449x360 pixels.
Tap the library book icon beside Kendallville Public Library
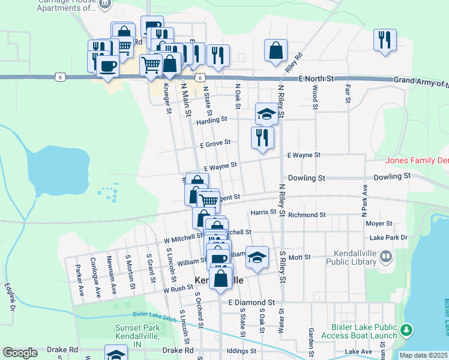click(x=387, y=257)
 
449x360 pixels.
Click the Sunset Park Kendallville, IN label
click(x=138, y=333)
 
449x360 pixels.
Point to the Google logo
click(x=20, y=353)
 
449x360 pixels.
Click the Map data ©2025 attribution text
click(x=423, y=355)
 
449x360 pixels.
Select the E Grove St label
click(x=215, y=144)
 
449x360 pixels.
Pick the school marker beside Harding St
click(x=267, y=113)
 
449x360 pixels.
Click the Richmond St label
click(x=307, y=214)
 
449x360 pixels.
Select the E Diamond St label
click(x=251, y=302)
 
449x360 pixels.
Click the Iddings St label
click(x=242, y=351)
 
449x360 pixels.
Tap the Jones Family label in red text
click(x=417, y=160)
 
